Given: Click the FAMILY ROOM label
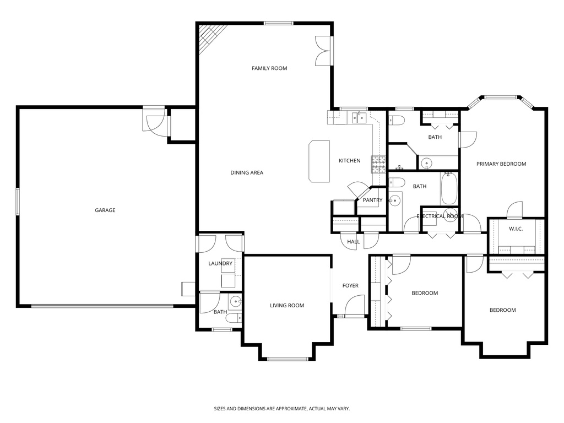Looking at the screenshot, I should coord(269,68).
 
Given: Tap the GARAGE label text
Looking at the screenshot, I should coord(105,210).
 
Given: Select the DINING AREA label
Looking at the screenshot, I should coord(246,172).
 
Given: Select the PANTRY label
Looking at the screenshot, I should coord(372,200).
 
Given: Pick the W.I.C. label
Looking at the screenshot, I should coord(516,229).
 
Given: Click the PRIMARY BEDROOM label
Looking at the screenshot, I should coord(501,164).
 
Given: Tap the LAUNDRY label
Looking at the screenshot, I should coord(220,264).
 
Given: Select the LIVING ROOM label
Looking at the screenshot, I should coord(287,305).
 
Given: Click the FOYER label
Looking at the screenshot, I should coord(350,285).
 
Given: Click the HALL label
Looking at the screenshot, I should coord(354,241).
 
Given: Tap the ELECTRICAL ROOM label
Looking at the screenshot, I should coord(440,216).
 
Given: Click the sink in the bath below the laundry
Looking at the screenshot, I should coord(236,301).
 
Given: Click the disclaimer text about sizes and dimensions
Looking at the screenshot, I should coord(281,409).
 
